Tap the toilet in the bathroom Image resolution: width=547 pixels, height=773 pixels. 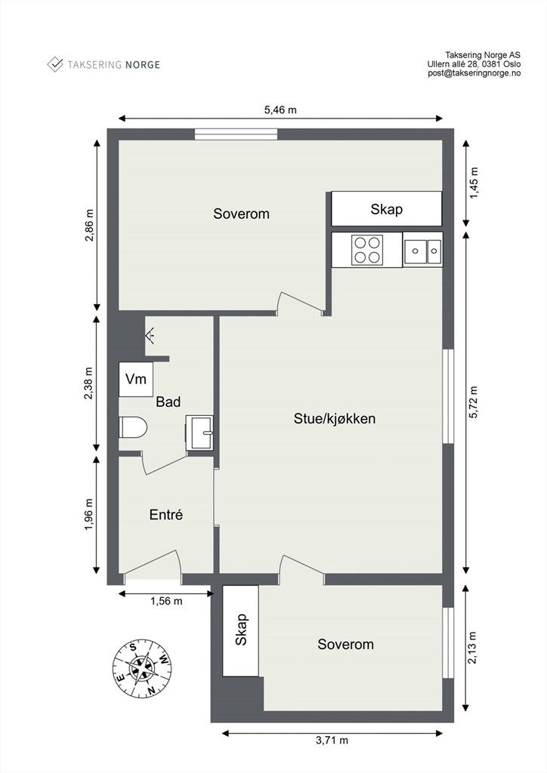[x=133, y=427]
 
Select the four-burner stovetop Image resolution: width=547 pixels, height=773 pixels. [x=367, y=249]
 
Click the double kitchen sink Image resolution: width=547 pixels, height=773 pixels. [x=422, y=250]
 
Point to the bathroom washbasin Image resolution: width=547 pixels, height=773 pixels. [x=199, y=432]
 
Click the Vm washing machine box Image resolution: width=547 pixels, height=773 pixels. [x=136, y=379]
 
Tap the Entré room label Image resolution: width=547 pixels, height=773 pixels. [x=166, y=515]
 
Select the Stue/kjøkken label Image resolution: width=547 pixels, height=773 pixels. [x=335, y=418]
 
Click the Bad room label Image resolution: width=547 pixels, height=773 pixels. [x=168, y=402]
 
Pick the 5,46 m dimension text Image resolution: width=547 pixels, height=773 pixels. [x=280, y=109]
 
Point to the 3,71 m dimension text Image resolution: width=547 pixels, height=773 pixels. [x=332, y=740]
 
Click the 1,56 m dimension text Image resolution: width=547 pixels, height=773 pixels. [x=166, y=601]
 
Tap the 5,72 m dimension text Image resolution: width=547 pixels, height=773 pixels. [x=474, y=402]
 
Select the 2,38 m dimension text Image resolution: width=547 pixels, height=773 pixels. [x=89, y=384]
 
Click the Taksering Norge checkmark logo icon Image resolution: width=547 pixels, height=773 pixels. [x=54, y=64]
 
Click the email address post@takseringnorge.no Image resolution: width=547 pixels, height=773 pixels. [x=474, y=73]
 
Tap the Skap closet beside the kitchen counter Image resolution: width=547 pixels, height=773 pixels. [x=387, y=209]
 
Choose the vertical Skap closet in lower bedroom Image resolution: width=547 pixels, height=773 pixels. [x=241, y=630]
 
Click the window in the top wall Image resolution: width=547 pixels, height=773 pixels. [x=236, y=134]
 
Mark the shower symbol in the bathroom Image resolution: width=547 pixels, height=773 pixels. [x=150, y=336]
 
